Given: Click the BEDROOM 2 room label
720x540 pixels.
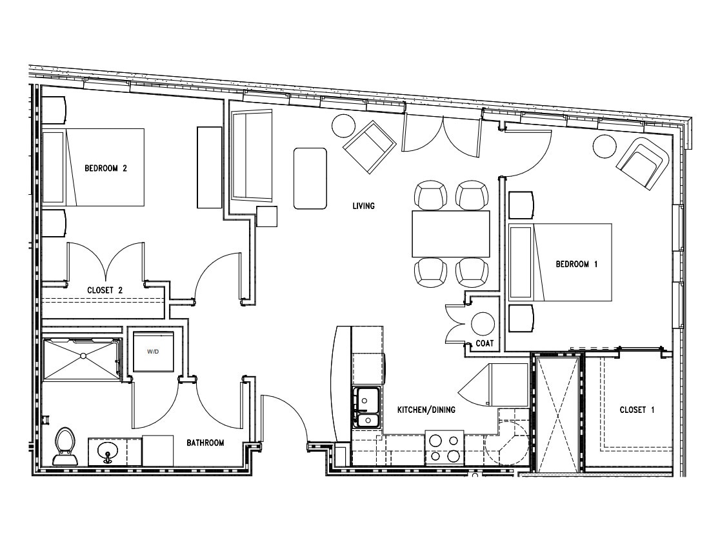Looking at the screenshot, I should click(106, 168).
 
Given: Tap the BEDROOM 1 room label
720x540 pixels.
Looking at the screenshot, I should click(572, 264).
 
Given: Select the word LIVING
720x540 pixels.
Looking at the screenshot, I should click(363, 206).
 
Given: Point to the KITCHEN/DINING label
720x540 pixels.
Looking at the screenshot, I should click(426, 410).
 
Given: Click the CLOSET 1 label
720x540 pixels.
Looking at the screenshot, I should click(637, 410).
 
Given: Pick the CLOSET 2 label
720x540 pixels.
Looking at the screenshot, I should click(105, 290).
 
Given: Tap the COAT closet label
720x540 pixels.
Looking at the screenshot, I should click(484, 344).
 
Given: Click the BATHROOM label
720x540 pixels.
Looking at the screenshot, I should click(205, 443).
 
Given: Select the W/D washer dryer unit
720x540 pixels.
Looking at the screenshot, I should click(153, 352).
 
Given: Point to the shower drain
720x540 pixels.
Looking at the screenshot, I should click(83, 356).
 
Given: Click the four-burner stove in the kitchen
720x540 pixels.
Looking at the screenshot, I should click(444, 447).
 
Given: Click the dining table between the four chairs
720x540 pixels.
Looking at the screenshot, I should click(450, 234).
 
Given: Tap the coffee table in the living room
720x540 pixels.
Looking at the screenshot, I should click(310, 178).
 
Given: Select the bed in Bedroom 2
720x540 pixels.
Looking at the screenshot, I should click(94, 167).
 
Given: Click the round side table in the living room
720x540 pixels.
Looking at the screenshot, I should click(344, 125).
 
